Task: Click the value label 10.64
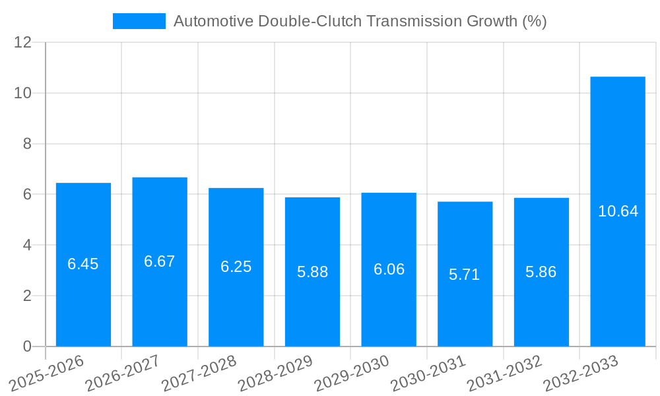pyautogui.click(x=618, y=211)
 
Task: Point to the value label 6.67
pyautogui.click(x=160, y=261)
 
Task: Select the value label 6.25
pyautogui.click(x=236, y=267)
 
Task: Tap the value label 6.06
pyautogui.click(x=389, y=269)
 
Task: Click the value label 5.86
pyautogui.click(x=541, y=272)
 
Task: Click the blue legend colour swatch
pyautogui.click(x=139, y=21)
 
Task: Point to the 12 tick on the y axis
pyautogui.click(x=23, y=42)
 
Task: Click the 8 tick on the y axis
pyautogui.click(x=27, y=144)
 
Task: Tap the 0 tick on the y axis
pyautogui.click(x=27, y=346)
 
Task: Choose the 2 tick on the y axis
pyautogui.click(x=27, y=296)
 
